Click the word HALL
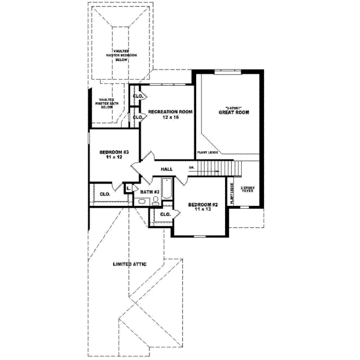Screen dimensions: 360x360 (167, 170)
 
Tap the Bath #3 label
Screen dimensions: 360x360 (150, 192)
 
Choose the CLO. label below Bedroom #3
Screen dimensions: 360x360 (105, 194)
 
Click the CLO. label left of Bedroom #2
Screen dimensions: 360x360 (166, 214)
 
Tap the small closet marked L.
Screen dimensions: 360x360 (129, 188)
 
